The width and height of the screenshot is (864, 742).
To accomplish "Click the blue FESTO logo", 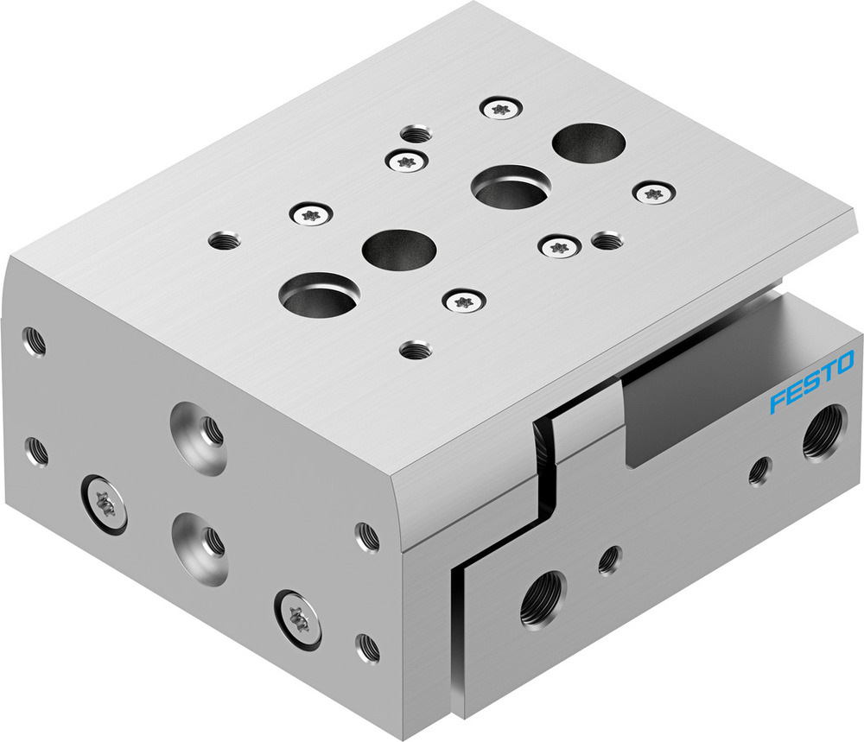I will tap(811, 381).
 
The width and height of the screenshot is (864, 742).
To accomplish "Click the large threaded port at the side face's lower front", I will tap(542, 602).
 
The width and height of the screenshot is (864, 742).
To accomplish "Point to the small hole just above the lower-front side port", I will tap(610, 560).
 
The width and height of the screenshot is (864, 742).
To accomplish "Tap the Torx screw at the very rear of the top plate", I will tap(499, 108).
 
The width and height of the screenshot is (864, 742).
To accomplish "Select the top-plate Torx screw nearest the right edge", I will tap(653, 192).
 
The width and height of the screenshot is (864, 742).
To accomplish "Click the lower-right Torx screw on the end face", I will tap(299, 618).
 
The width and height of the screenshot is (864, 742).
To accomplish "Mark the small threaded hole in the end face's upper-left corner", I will tap(35, 342).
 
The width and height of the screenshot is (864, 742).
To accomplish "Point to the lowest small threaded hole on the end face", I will tap(368, 647).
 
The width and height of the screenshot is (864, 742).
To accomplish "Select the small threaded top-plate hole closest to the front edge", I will tap(416, 350).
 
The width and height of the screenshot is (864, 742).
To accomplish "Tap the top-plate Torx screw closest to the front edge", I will tap(464, 301).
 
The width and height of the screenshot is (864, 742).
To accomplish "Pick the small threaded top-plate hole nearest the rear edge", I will tap(417, 134).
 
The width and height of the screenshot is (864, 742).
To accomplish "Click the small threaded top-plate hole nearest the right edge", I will tap(608, 239).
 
